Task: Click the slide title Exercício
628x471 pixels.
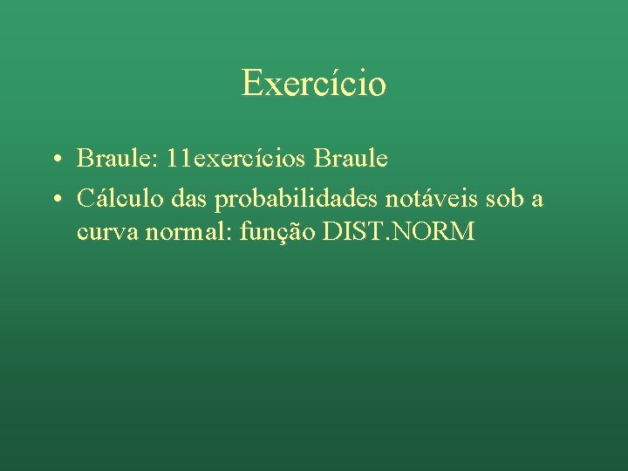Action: tap(314, 84)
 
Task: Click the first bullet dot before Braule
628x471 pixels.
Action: tap(55, 160)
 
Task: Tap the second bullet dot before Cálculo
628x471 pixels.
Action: tap(55, 201)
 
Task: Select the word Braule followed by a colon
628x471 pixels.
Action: tap(110, 159)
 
